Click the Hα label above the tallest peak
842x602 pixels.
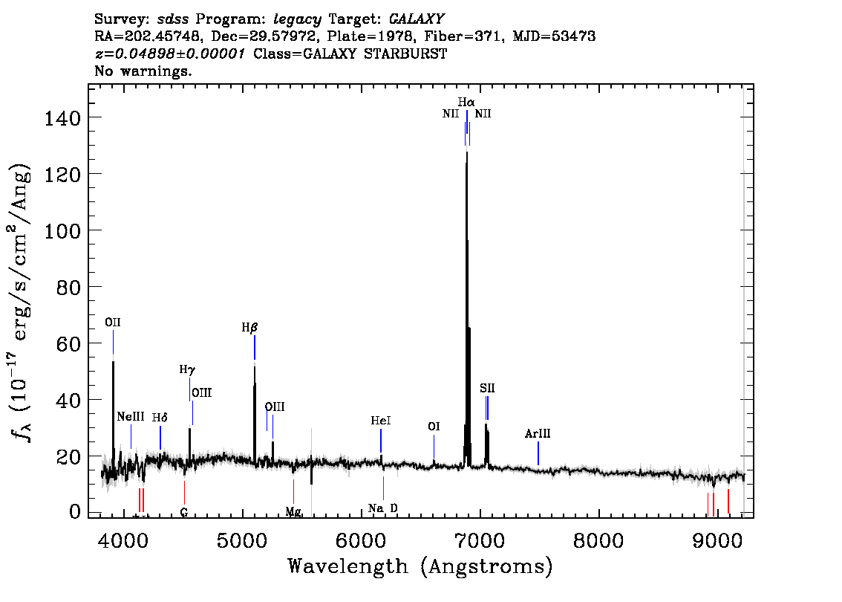466,102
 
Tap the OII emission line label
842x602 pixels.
113,323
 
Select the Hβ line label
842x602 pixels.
249,327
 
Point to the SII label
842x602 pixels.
487,388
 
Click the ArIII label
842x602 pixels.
538,433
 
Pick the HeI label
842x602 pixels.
381,421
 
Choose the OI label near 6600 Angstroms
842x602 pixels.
434,427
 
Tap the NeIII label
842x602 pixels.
131,416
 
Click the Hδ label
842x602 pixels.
160,418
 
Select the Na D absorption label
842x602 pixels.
383,508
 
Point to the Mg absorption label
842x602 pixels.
293,511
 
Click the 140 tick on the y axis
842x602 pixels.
62,117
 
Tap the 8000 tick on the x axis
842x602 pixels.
598,541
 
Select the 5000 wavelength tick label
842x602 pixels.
242,541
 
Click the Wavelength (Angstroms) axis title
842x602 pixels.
420,566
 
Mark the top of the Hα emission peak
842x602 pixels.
466,152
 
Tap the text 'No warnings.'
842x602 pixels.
143,71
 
